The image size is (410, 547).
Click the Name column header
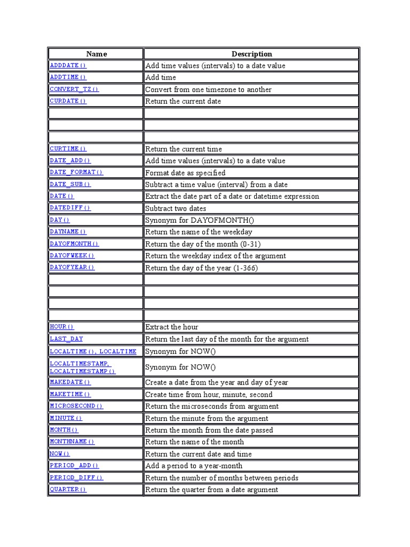click(96, 54)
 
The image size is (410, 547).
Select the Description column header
click(251, 54)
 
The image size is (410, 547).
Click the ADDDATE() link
click(68, 66)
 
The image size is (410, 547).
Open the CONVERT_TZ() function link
click(74, 89)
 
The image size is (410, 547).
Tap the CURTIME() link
click(68, 149)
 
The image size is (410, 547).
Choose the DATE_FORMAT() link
click(76, 173)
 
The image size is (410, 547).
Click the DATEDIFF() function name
click(70, 208)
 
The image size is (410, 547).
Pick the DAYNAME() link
click(68, 232)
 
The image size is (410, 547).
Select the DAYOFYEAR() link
click(72, 268)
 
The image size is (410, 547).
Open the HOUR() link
click(62, 327)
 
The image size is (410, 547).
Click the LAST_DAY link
click(66, 339)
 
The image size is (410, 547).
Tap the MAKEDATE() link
click(70, 382)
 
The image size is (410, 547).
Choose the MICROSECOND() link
click(76, 406)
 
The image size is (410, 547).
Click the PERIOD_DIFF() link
click(76, 478)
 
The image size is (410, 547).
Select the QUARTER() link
click(68, 489)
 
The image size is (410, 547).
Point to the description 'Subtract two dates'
click(176, 208)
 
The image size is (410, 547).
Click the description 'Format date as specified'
click(185, 173)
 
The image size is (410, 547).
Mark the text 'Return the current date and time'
click(198, 454)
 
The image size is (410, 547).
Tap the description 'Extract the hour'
click(171, 327)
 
